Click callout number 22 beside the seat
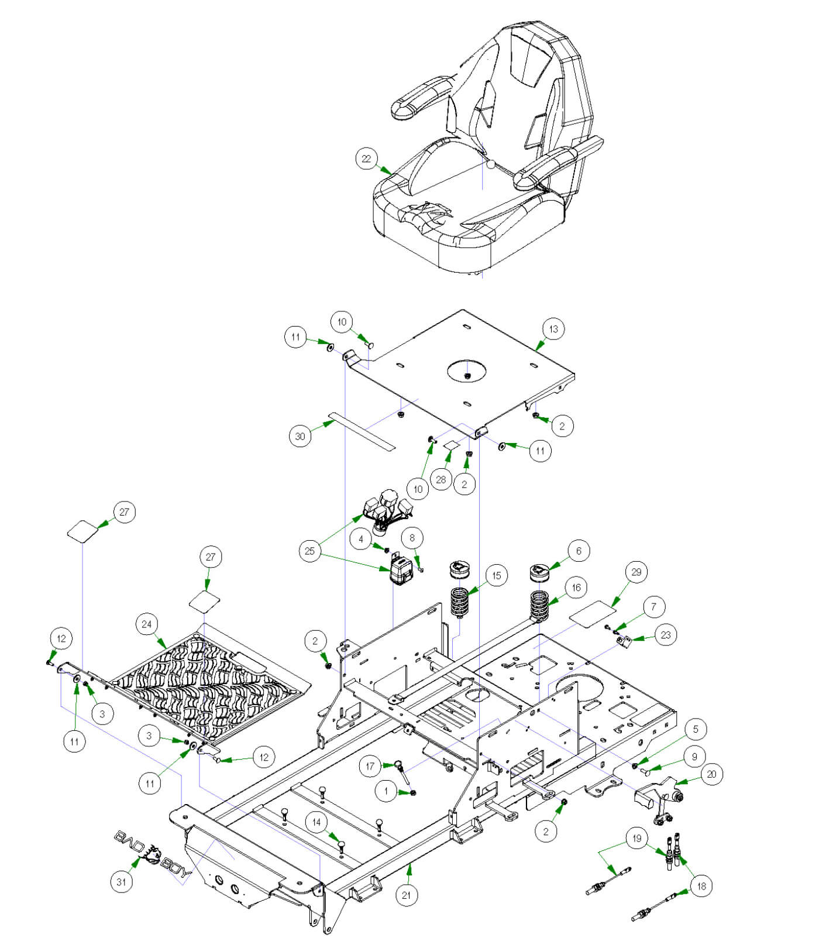366,159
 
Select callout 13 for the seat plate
553,329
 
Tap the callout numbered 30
300,436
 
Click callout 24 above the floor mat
146,624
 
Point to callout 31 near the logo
121,881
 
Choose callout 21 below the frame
406,895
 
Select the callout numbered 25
309,551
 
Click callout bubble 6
579,551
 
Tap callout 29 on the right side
636,572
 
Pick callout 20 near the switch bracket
711,774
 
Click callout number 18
701,886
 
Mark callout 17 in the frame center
370,766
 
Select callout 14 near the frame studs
316,822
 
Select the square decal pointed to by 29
592,611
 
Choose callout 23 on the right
666,635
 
